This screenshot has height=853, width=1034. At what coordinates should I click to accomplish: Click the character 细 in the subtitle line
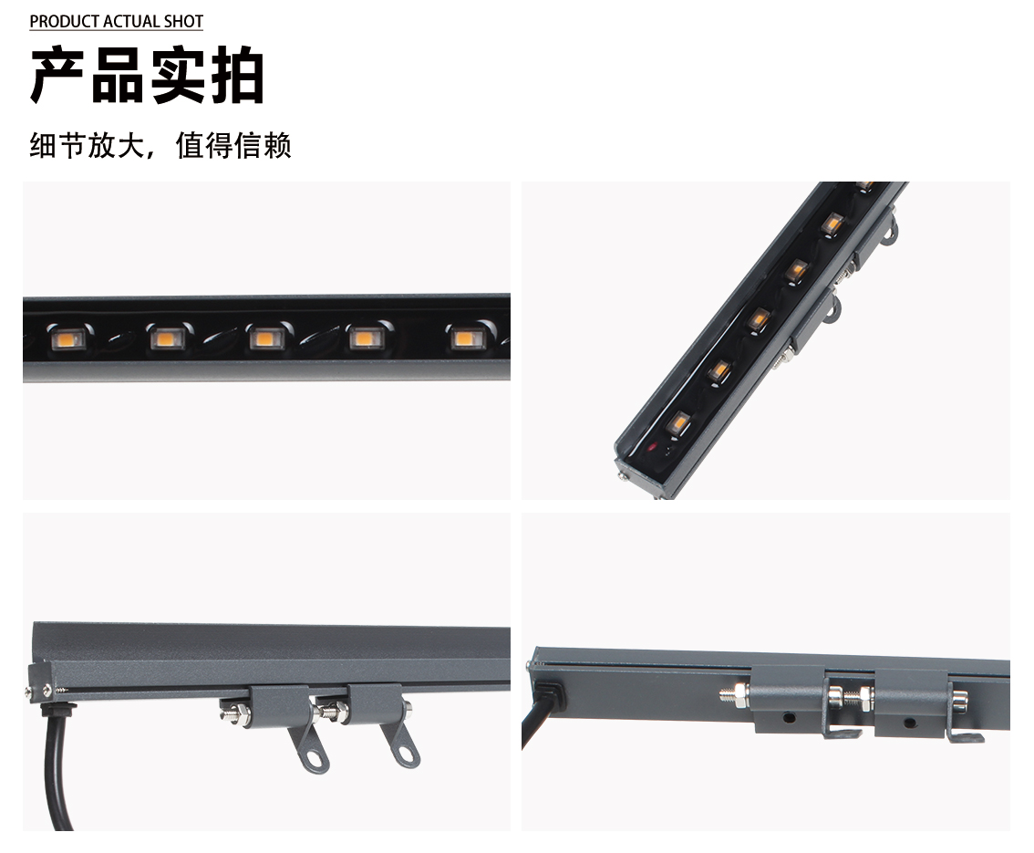pos(43,145)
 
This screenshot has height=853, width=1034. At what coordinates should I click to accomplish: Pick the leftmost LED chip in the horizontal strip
pos(67,339)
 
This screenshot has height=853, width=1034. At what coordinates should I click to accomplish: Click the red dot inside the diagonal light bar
pos(652,447)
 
